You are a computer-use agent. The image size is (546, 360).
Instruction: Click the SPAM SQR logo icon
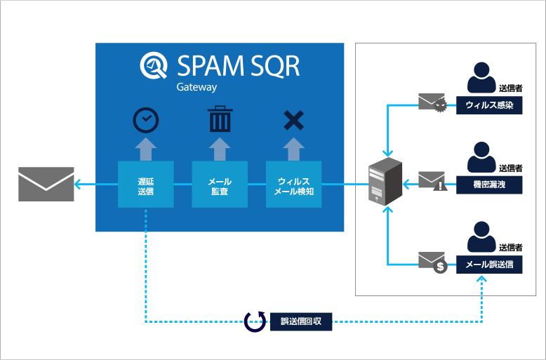click(154, 66)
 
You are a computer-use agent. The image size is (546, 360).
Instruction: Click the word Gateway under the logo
click(197, 88)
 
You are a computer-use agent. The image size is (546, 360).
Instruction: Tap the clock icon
click(146, 121)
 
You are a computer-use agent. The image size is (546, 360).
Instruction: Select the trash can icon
click(220, 120)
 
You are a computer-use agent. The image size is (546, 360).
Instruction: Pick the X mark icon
click(293, 121)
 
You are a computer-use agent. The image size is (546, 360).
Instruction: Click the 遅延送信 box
click(146, 184)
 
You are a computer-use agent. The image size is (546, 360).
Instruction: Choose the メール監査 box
click(220, 184)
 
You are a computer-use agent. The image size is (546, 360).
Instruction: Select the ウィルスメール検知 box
click(293, 184)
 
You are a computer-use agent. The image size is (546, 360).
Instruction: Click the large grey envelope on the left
click(46, 184)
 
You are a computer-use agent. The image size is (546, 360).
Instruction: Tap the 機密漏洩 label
click(489, 185)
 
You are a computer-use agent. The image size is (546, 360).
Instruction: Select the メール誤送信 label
click(489, 265)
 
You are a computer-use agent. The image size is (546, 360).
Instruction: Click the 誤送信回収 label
click(301, 322)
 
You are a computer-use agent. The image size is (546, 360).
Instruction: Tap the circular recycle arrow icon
click(255, 322)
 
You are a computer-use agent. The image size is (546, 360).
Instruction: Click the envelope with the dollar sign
click(433, 261)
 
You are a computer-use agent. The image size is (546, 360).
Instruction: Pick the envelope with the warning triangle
click(432, 182)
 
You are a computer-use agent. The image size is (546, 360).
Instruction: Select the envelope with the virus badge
click(432, 103)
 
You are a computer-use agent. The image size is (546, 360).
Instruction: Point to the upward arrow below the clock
click(146, 149)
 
